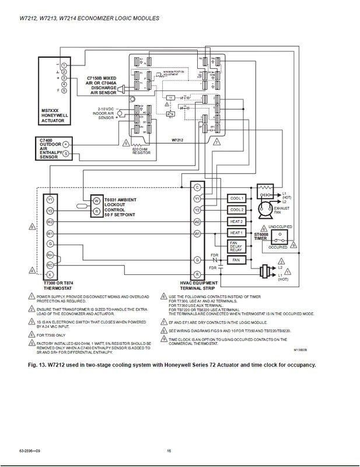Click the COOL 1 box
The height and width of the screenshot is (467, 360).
pos(236,197)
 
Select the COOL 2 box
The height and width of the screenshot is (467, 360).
pos(236,210)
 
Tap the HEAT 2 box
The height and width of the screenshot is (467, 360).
pos(236,222)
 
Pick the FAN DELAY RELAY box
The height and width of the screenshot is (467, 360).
pos(236,246)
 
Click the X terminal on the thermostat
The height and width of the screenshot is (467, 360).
pos(51,274)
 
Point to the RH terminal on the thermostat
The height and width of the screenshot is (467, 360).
pos(51,255)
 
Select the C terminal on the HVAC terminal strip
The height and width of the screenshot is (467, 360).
pos(197,187)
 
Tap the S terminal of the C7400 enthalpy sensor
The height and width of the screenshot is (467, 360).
pos(66,153)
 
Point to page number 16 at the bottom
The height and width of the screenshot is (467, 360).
pos(169,451)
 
